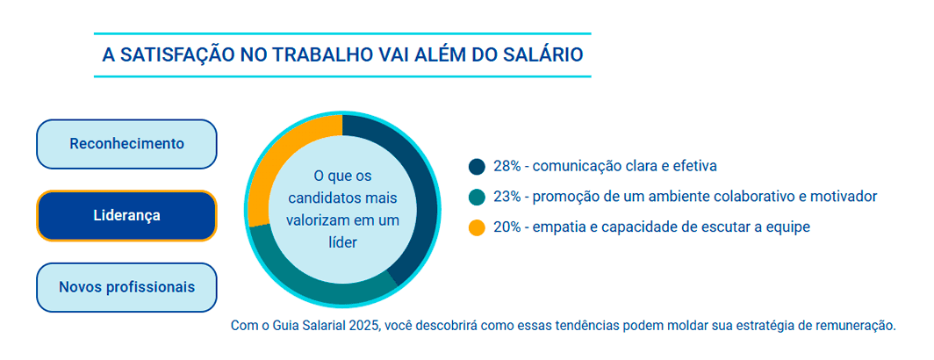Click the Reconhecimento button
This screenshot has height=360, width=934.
tap(126, 144)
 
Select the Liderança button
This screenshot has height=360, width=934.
tap(126, 216)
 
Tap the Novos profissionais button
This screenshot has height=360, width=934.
tap(126, 287)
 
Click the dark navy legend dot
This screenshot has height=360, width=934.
tap(478, 166)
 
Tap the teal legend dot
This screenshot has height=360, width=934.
tap(478, 197)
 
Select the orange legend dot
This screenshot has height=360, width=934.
tap(478, 227)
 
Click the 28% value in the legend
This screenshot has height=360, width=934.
tap(507, 166)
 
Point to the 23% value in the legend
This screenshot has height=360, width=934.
tap(507, 197)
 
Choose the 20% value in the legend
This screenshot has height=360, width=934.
tap(507, 227)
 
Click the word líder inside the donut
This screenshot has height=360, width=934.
tap(342, 242)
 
